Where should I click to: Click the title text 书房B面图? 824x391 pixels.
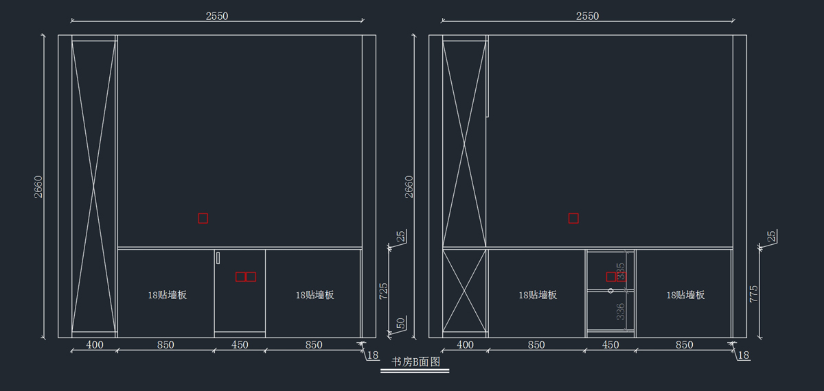point(415,362)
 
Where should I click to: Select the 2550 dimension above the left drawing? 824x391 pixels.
point(217,16)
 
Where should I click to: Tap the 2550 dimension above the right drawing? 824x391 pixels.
point(588,16)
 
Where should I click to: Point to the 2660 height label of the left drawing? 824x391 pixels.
point(38,187)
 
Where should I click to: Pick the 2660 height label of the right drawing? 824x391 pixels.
point(409,187)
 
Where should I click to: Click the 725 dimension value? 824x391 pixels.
point(384,291)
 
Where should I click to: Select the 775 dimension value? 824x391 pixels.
point(755,294)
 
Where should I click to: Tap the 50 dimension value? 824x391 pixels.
point(401,323)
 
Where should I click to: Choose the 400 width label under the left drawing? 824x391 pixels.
point(94,345)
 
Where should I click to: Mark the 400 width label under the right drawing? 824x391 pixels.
point(465,345)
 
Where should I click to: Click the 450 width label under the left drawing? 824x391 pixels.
point(240,345)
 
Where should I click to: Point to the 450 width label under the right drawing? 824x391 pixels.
point(610,345)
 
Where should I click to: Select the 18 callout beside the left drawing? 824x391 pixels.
point(373,355)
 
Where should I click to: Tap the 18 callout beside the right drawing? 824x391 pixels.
point(744,355)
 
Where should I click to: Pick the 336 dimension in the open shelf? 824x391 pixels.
point(621,312)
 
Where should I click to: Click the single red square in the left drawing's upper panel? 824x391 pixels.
point(203,218)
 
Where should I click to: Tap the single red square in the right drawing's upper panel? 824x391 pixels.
point(573,218)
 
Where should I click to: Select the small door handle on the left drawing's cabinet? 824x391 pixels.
point(218,258)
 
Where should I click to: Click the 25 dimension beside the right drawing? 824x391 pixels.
point(772,237)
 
